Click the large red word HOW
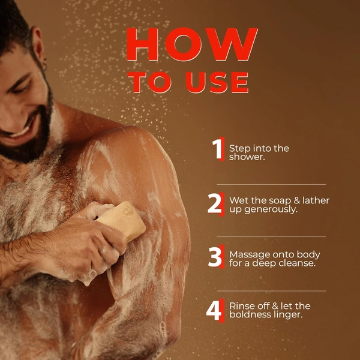pos(192,44)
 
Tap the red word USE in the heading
pos(217,82)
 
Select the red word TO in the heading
pos(149,82)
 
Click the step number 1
pos(217,149)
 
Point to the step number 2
pos(215,203)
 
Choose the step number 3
pos(215,257)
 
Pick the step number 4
pos(214,310)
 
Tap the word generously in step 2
pos(271,210)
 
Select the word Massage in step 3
pos(247,255)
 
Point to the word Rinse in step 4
pos(241,306)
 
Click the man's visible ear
pos(39,49)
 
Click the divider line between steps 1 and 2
pos(271,184)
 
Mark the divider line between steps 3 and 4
pos(271,291)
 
